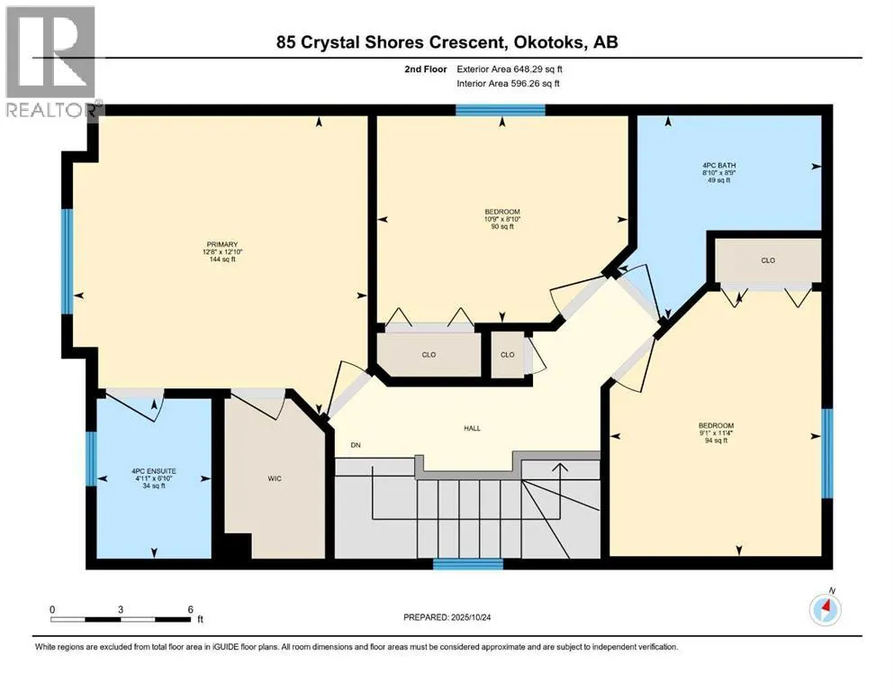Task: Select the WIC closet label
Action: pos(275,478)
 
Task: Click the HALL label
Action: pos(472,428)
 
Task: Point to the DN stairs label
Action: pos(356,444)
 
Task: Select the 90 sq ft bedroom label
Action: pos(502,219)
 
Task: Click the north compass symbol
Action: pos(824,609)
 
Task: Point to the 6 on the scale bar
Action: pos(190,609)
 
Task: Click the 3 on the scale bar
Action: pos(121,609)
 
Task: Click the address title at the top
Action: pos(447,41)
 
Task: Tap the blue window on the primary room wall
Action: pos(66,261)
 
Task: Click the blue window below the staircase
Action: pos(467,565)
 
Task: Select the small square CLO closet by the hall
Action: pos(508,354)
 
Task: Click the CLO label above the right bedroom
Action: pos(767,260)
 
